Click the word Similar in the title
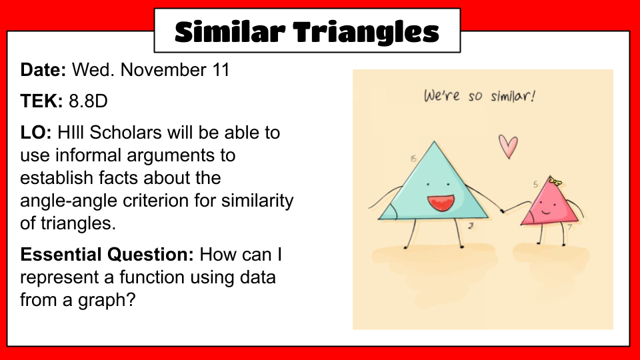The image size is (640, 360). click(x=230, y=31)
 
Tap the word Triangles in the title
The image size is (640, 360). click(x=366, y=33)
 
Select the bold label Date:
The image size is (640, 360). click(x=43, y=70)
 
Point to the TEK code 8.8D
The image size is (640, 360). click(x=88, y=101)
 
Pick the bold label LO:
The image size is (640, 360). click(x=36, y=132)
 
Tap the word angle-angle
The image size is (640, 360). click(x=70, y=201)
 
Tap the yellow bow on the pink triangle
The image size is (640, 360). click(x=555, y=181)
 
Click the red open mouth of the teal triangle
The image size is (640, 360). click(x=441, y=203)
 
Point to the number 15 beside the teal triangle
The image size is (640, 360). click(x=413, y=159)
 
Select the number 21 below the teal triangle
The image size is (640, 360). click(x=471, y=226)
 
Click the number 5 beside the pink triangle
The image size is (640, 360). click(x=535, y=185)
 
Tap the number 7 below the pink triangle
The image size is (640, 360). click(x=570, y=227)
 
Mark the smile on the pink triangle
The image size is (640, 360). click(x=546, y=212)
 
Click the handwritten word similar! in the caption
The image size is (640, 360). click(x=513, y=96)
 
